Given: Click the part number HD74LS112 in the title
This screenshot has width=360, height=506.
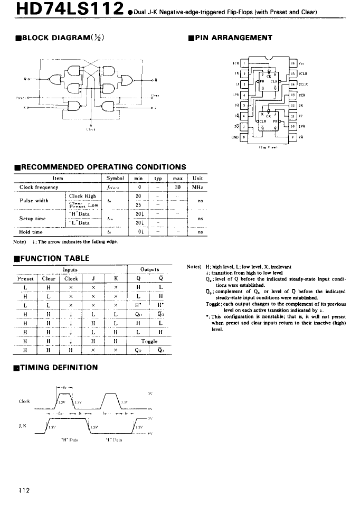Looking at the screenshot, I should tap(62, 10).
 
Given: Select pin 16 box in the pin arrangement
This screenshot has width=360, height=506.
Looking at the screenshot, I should tap(293, 63).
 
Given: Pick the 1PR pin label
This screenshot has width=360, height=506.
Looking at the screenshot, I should tap(235, 95).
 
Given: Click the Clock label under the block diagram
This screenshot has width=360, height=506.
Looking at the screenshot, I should tap(89, 128).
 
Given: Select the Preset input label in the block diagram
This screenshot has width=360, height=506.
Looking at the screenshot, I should tap(20, 97).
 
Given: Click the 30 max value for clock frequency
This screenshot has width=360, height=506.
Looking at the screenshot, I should tap(178, 188).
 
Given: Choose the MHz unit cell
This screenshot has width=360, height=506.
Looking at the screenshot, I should tap(198, 188).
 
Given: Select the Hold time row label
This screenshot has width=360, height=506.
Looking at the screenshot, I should tap(32, 231).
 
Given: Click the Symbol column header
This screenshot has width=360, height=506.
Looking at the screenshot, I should tap(115, 179).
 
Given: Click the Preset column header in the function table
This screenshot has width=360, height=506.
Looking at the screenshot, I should tap(25, 278).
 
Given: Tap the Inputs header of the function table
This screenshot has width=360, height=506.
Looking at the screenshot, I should tap(70, 269).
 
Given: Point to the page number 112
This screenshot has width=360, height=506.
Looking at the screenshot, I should tap(24, 490).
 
